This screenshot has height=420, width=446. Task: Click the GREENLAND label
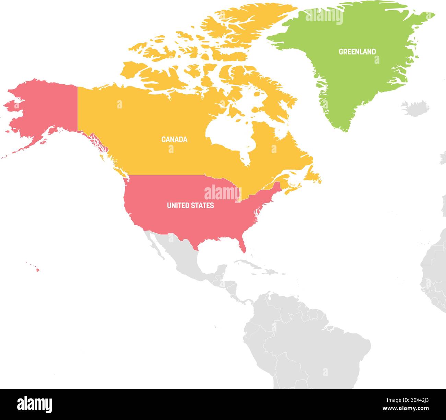pos(357,52)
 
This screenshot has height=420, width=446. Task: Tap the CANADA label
pos(174,140)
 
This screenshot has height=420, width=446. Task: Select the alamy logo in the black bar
pos(34,404)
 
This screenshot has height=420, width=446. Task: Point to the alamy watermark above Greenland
pos(324,16)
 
